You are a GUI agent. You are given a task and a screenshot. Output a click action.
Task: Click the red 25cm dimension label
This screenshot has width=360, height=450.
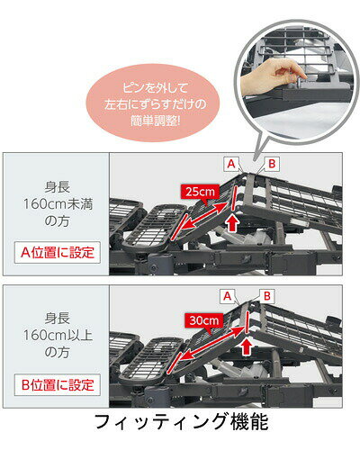(x=200, y=192)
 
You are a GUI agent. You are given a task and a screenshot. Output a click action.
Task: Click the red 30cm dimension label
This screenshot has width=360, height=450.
(x=204, y=320)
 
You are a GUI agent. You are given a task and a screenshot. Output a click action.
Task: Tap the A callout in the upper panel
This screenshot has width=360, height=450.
(x=231, y=164)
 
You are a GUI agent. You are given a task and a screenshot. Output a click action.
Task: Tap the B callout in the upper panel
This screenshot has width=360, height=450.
(x=272, y=164)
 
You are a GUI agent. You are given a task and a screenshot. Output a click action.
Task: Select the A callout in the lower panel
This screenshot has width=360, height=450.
(x=228, y=296)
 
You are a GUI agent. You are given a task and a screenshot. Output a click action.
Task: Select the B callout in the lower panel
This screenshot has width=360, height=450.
(x=267, y=296)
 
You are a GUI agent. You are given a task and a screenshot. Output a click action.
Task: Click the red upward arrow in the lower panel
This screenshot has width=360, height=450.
(x=247, y=346)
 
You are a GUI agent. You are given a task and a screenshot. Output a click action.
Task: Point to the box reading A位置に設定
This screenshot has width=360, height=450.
(x=58, y=252)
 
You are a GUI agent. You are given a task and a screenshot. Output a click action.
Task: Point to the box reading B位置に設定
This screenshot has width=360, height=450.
(x=58, y=385)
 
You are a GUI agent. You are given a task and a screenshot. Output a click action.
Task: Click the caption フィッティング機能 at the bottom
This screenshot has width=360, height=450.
(x=181, y=421)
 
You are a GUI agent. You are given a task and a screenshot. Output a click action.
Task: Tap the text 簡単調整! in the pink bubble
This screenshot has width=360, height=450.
(x=155, y=121)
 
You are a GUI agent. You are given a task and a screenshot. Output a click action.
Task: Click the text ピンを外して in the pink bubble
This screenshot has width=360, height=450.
(x=155, y=88)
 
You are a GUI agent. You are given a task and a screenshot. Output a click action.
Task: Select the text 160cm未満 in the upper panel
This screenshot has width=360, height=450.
(x=58, y=204)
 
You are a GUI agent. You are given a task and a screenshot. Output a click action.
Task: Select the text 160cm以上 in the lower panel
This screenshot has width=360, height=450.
(x=58, y=336)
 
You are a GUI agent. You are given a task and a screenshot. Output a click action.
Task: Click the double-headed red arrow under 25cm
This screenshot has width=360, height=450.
(x=204, y=217)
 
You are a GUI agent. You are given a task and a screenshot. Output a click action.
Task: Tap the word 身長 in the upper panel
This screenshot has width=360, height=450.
(x=58, y=187)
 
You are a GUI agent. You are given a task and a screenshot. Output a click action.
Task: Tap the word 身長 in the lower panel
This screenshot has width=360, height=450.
(x=58, y=319)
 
